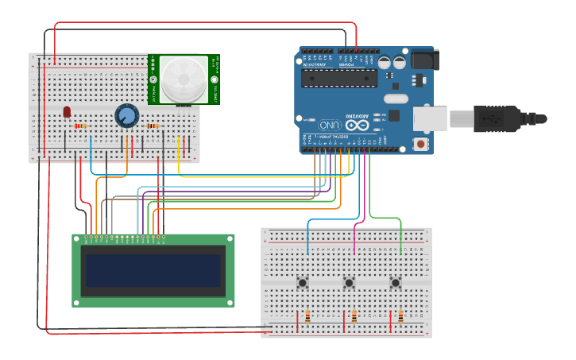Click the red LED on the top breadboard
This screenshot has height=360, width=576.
coord(67,112)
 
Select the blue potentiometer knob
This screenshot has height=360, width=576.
coord(126,116)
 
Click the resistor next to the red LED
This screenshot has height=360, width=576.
coord(79,126)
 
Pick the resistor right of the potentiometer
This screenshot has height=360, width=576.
coord(152,126)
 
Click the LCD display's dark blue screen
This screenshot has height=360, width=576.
coord(153,270)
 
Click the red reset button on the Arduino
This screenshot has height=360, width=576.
coord(419,144)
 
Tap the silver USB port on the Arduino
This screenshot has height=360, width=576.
coord(430,118)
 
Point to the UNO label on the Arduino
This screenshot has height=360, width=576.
coord(330,125)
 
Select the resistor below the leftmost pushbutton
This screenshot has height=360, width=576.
coord(307,317)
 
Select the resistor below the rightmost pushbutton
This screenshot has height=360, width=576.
coord(400,317)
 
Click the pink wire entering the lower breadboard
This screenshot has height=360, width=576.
coord(354,238)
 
